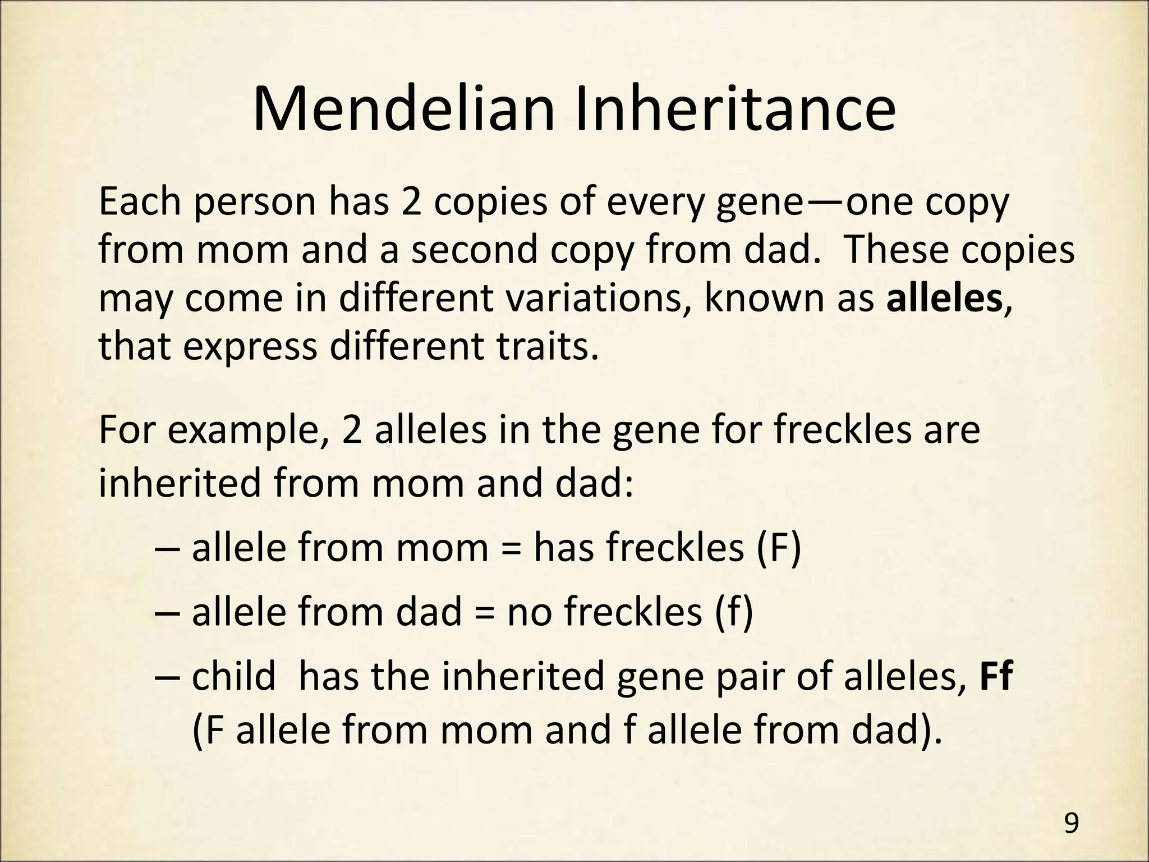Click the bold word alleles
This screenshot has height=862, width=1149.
[x=944, y=299]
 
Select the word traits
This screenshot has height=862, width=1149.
[x=544, y=347]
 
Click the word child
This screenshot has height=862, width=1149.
[x=234, y=677]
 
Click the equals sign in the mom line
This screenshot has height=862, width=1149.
[x=510, y=549]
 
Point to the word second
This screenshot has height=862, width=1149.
[x=475, y=250]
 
